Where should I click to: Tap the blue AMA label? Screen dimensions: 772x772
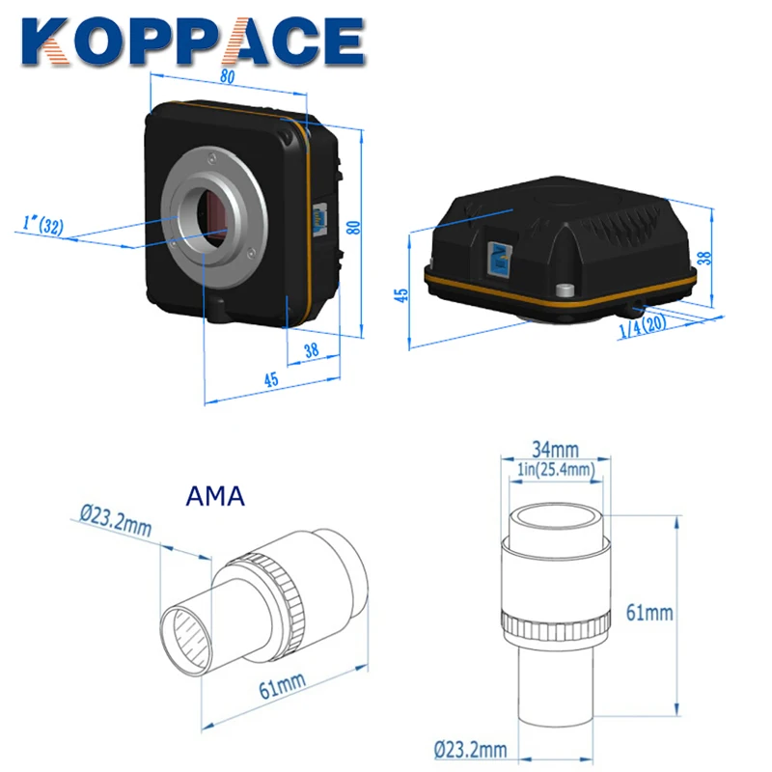(x=212, y=497)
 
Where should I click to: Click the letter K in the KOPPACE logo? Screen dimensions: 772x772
(x=45, y=41)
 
